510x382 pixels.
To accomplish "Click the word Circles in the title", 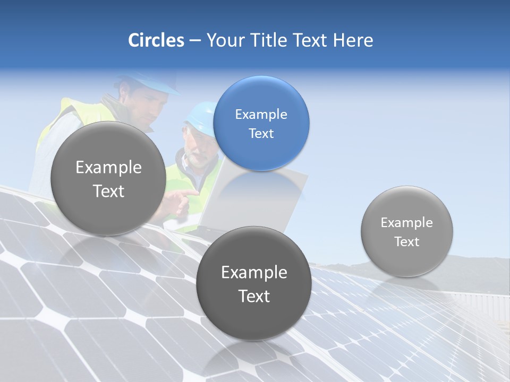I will point(156,40).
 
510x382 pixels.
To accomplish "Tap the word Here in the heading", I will point(353,40).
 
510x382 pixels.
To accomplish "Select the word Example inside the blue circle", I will point(261,114).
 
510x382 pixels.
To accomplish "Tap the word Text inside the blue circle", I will point(261,134).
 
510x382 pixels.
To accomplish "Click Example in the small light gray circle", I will point(406,222).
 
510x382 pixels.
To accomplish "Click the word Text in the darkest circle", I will point(254,296).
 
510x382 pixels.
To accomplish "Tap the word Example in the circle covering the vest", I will point(108,168).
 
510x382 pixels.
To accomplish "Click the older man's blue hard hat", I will point(200,112).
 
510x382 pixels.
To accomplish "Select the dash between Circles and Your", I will point(195,40).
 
